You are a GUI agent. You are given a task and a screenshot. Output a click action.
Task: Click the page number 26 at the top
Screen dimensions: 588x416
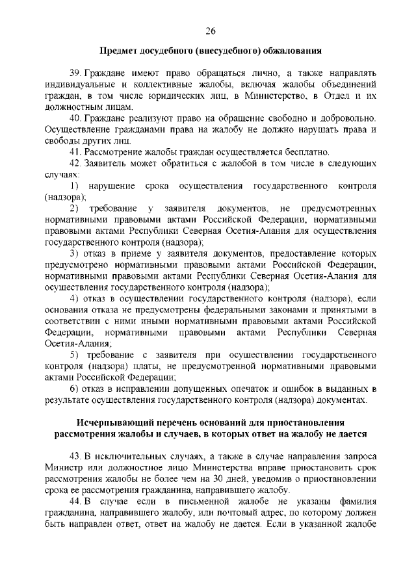click(x=210, y=31)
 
